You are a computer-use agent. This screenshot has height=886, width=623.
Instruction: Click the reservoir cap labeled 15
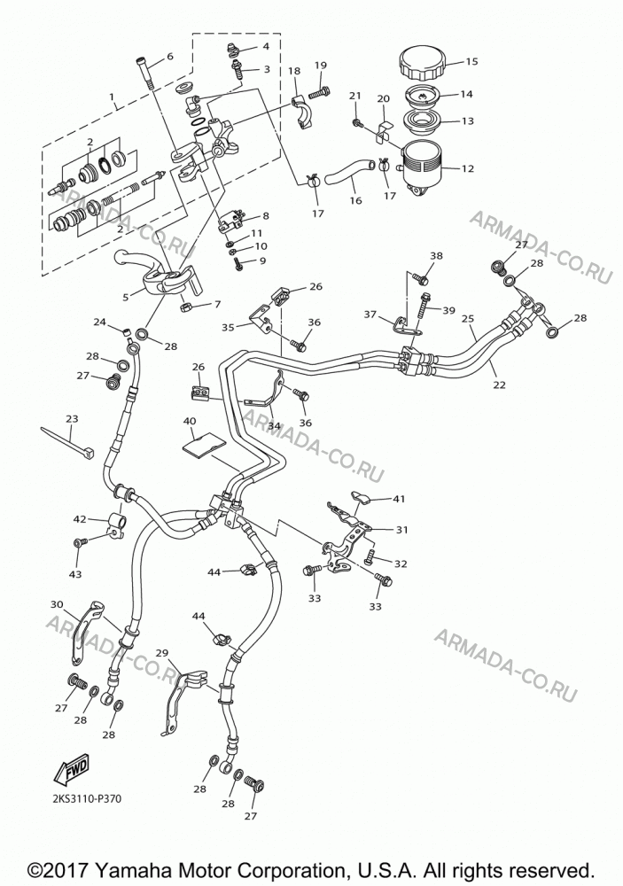pyautogui.click(x=423, y=63)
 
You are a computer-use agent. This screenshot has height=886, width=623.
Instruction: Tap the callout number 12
pyautogui.click(x=467, y=168)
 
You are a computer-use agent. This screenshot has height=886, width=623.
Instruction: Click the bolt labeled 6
pyautogui.click(x=144, y=73)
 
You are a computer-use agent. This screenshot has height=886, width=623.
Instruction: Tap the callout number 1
pyautogui.click(x=113, y=97)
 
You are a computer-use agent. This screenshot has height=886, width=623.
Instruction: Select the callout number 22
pyautogui.click(x=499, y=385)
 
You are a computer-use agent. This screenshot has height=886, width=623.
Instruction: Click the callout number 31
pyautogui.click(x=402, y=530)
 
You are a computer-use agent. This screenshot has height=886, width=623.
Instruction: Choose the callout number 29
pyautogui.click(x=161, y=653)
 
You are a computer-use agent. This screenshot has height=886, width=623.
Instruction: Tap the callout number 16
pyautogui.click(x=355, y=200)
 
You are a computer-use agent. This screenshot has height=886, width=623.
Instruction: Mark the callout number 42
pyautogui.click(x=79, y=518)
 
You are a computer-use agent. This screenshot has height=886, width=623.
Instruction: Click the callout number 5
pyautogui.click(x=126, y=295)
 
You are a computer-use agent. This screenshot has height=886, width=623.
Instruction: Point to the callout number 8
pyautogui.click(x=265, y=215)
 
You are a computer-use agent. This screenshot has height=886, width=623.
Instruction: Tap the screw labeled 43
pyautogui.click(x=79, y=542)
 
